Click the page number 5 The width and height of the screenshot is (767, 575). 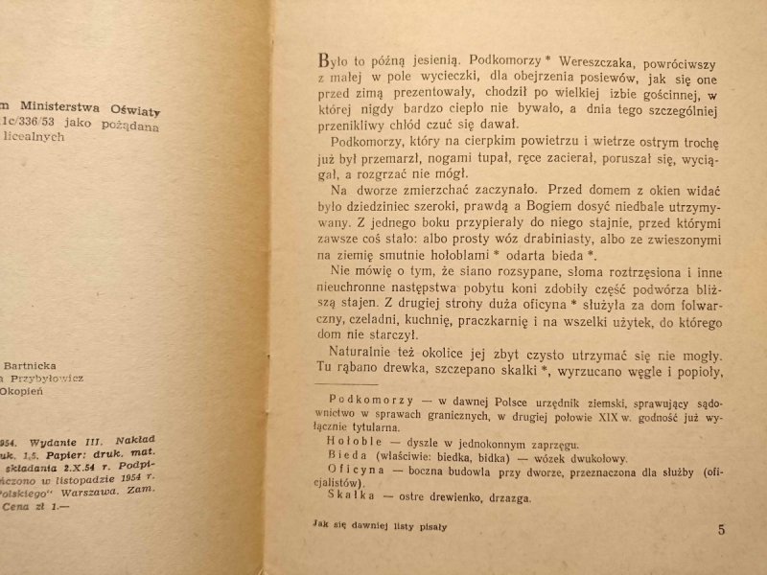[x=721, y=530]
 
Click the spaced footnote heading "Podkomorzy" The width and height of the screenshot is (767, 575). [x=370, y=396]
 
